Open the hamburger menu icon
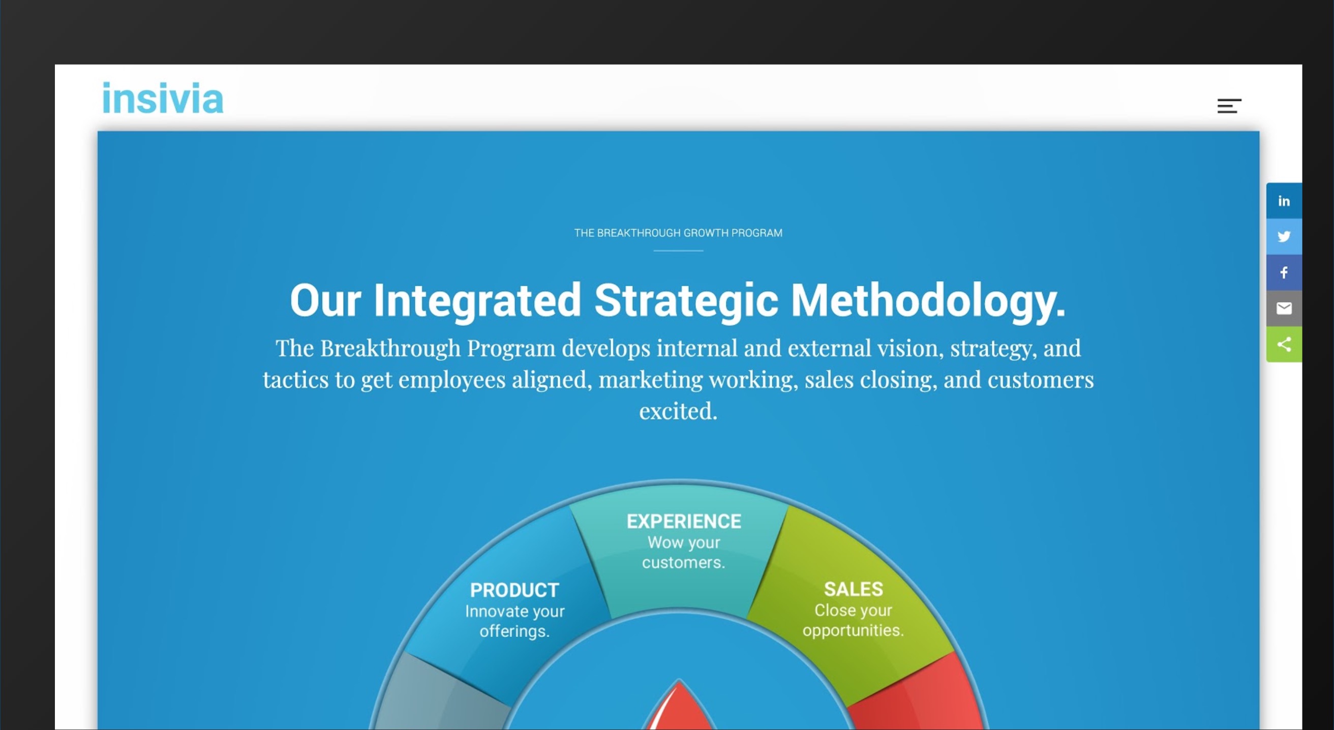click(x=1229, y=106)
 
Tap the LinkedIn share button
click(x=1284, y=201)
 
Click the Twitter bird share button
click(x=1284, y=236)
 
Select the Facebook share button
click(x=1284, y=273)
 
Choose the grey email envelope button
click(x=1284, y=309)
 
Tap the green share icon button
click(x=1284, y=344)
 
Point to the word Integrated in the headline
click(x=477, y=300)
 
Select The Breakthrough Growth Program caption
click(x=678, y=233)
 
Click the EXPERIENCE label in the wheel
click(x=684, y=522)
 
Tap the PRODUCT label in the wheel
click(x=514, y=590)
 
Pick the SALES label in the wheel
click(x=854, y=589)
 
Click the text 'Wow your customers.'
click(x=684, y=553)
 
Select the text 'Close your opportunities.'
click(x=854, y=620)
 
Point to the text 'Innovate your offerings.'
click(x=515, y=621)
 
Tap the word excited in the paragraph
click(x=678, y=411)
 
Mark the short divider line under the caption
click(x=678, y=251)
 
